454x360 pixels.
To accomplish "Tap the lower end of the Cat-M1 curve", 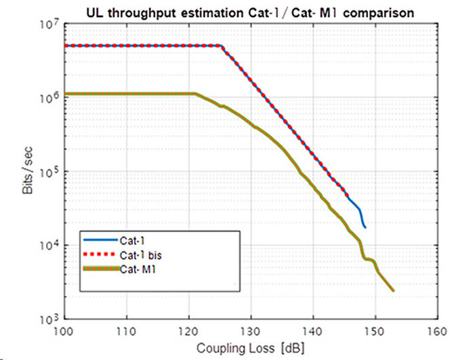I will pos(392,291).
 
